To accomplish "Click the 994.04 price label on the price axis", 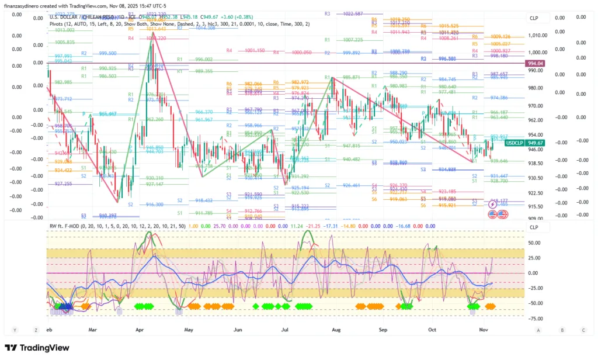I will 535,63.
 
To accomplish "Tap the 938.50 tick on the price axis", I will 536,164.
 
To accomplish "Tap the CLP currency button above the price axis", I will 534,18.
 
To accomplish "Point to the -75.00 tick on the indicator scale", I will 536,319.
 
